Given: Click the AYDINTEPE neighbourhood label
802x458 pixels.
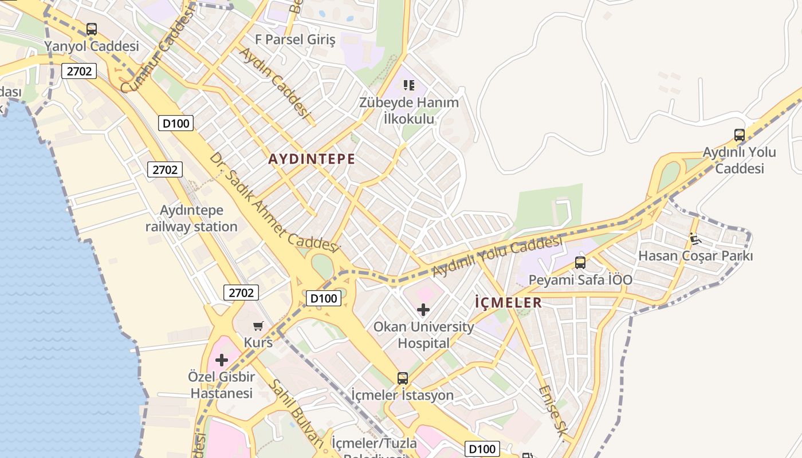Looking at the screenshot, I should click(312, 160).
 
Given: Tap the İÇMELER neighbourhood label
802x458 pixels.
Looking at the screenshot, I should click(509, 303).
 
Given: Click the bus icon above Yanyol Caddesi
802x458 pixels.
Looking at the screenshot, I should click(92, 29).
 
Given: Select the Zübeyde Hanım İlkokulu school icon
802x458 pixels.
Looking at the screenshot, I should click(408, 85).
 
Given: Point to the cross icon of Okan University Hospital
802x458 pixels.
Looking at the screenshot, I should click(423, 310).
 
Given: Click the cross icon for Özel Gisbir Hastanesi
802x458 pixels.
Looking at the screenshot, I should click(222, 360).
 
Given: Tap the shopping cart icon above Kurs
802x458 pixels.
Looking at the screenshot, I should click(258, 326).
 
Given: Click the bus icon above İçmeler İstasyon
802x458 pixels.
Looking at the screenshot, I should click(403, 378).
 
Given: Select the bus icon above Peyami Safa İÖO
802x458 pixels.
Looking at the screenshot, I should click(580, 263).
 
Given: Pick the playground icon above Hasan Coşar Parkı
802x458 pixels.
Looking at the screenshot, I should click(695, 239).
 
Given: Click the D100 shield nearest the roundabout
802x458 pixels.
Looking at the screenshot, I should click(324, 298).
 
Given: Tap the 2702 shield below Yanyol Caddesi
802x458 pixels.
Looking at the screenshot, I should click(78, 71).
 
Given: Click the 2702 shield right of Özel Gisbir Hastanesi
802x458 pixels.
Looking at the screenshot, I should click(241, 293).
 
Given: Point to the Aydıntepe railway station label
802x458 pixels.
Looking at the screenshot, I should click(191, 219).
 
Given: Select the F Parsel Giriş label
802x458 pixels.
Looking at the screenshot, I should click(295, 40).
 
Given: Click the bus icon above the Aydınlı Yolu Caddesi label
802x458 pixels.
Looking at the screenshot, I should click(740, 135).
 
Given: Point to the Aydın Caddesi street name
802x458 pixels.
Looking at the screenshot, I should click(274, 82).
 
